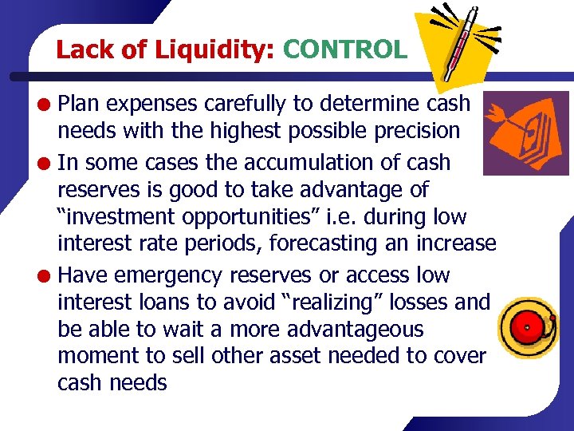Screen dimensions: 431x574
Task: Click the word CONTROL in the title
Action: pyautogui.click(x=344, y=50)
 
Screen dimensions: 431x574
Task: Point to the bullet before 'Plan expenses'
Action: pyautogui.click(x=48, y=104)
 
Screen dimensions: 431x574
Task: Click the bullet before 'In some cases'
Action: pyautogui.click(x=48, y=164)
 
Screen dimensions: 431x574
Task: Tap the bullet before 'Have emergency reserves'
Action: pyautogui.click(x=48, y=276)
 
